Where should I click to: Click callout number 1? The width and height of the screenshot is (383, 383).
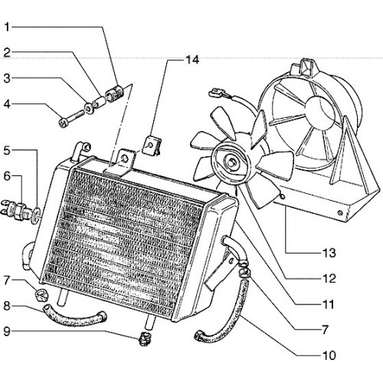tap(8, 27)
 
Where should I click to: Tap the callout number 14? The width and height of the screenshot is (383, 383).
tap(192, 60)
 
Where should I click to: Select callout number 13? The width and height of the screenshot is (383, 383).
tap(329, 253)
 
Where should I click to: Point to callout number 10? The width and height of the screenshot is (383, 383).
tap(329, 355)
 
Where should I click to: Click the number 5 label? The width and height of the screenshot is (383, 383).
tap(7, 150)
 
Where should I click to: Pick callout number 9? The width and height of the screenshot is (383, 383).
tap(7, 332)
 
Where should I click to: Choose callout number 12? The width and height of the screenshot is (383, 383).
tap(329, 278)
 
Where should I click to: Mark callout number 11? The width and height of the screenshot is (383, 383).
tap(329, 304)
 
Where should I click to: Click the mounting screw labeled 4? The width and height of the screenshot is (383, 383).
tap(71, 118)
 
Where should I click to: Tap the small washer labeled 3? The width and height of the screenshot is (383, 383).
tap(90, 109)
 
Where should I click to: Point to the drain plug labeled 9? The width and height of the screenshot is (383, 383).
tap(145, 339)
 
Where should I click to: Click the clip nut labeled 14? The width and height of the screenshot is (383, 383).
tap(153, 146)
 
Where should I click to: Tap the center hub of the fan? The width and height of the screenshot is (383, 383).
tap(232, 162)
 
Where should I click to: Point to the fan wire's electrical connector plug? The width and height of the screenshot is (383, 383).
tap(217, 93)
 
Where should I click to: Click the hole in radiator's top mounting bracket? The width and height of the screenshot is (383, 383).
tap(125, 159)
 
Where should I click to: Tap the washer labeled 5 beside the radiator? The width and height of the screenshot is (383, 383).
tap(36, 215)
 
